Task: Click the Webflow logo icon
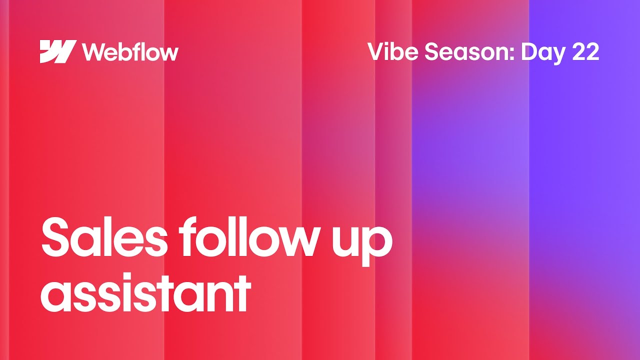(58, 51)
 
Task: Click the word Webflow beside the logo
(130, 51)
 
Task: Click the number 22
(585, 51)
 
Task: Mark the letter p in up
(377, 247)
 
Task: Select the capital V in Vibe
(376, 51)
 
